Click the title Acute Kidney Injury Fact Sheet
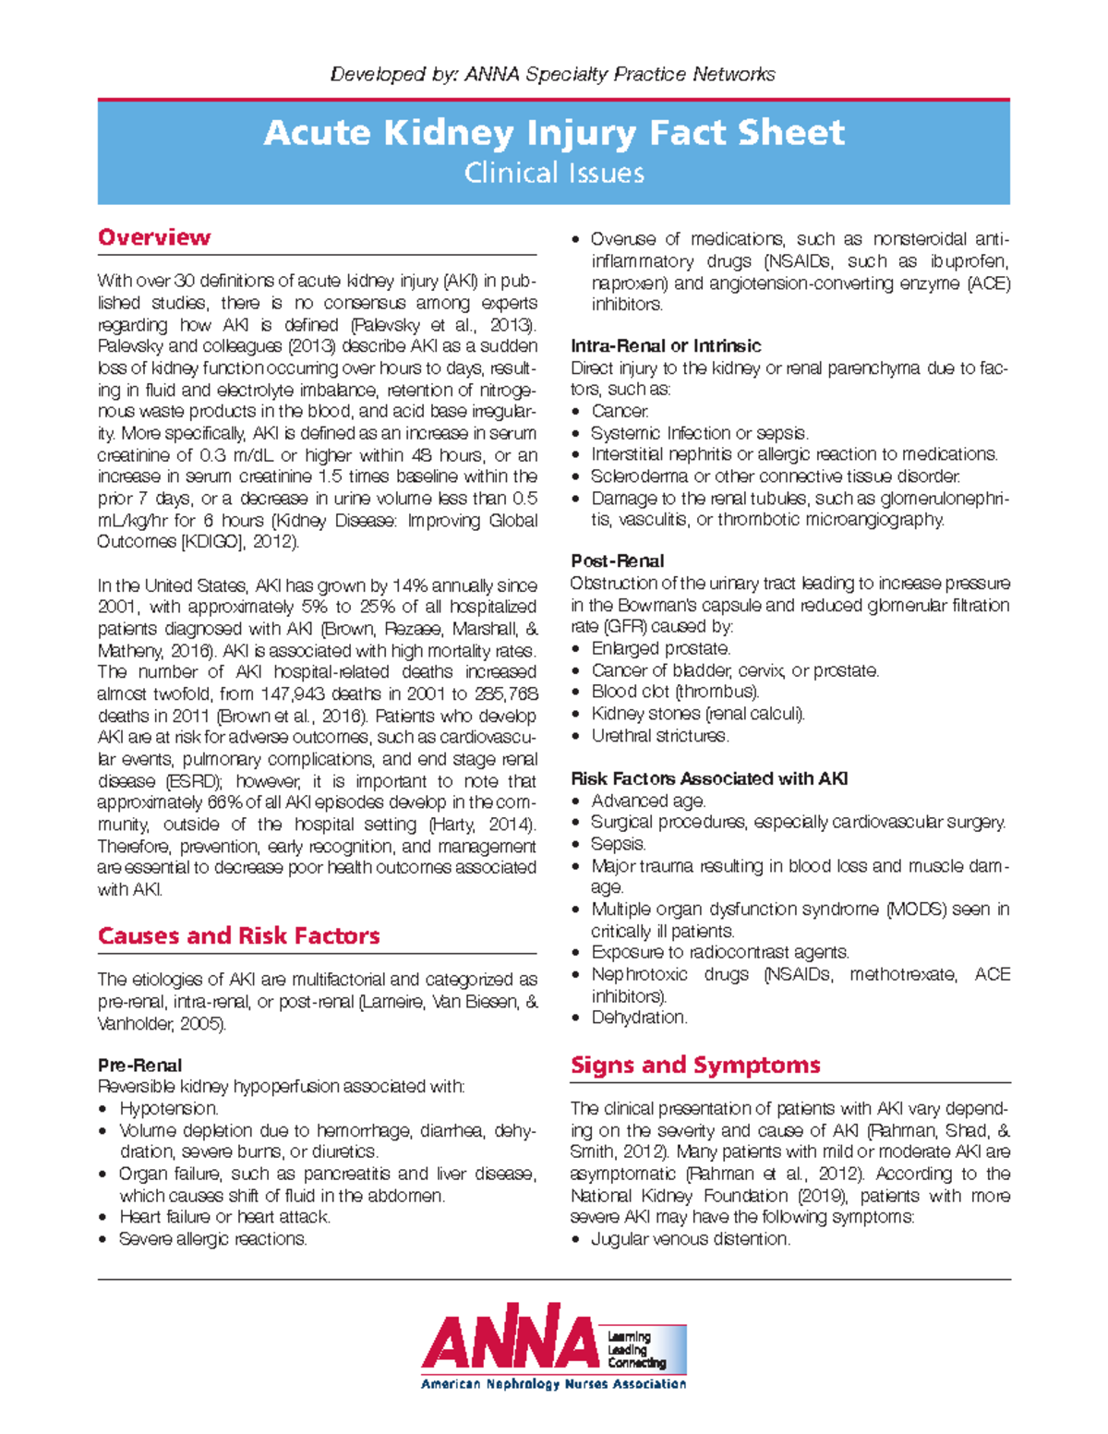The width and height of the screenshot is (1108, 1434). coord(554,133)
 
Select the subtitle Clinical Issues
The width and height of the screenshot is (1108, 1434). coord(554,173)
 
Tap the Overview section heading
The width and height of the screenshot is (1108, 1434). coord(154,237)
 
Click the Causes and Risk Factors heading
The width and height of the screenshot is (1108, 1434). coord(238,935)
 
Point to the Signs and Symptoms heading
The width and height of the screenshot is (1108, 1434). coord(695,1065)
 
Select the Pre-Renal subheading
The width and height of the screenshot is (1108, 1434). coord(139,1065)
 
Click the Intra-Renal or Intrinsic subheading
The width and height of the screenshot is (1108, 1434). coord(666,346)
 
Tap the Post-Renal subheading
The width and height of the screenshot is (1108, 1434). coord(617,560)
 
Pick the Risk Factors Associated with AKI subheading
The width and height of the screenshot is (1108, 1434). coord(709,778)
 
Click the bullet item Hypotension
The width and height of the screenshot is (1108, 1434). coord(169,1108)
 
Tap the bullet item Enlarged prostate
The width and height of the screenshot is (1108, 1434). coord(660,648)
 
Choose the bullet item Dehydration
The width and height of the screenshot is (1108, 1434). coord(639,1018)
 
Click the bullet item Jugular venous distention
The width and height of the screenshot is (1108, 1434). coord(691,1239)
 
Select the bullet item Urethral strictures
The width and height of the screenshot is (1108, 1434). coord(659,736)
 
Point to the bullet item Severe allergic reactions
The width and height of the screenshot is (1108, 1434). coord(212,1239)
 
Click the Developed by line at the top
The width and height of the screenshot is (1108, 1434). coord(553,74)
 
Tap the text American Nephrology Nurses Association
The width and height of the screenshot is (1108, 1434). coord(554,1384)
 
